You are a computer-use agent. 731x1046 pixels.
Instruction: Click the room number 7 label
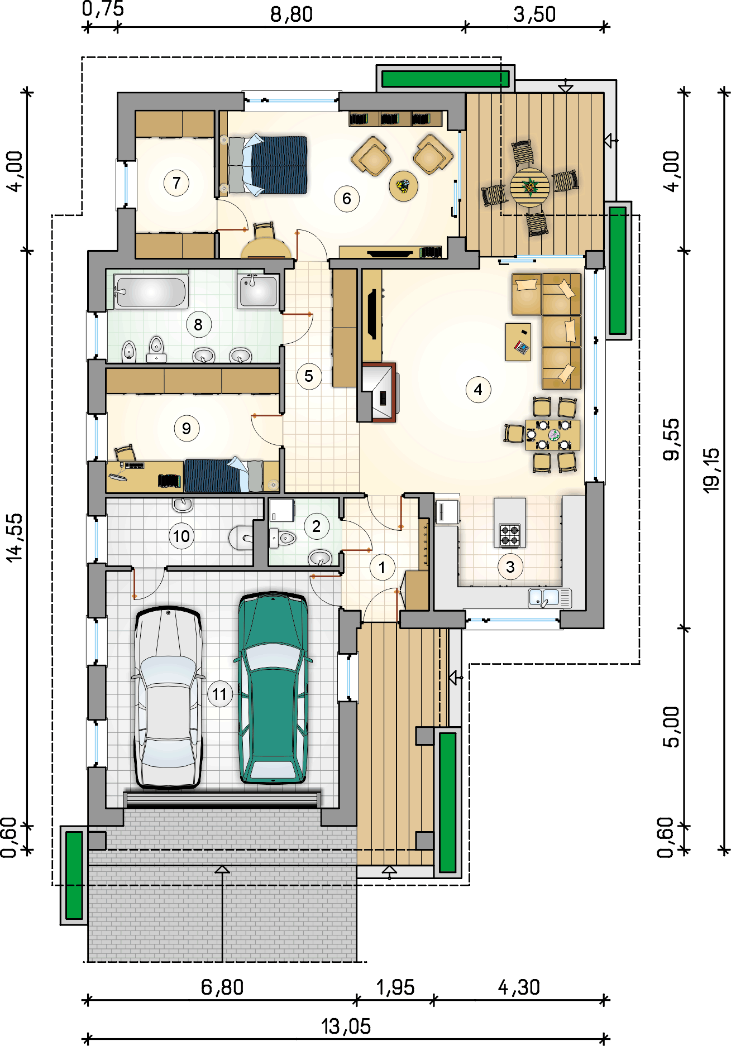click(176, 183)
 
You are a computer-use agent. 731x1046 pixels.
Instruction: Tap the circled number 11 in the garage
click(219, 694)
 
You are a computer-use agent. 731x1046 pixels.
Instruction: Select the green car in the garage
click(273, 688)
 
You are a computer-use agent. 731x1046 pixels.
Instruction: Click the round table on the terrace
click(529, 188)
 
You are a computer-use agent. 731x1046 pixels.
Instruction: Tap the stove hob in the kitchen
click(510, 535)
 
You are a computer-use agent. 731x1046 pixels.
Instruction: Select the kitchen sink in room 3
click(550, 598)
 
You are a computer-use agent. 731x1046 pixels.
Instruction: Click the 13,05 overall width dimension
click(346, 1026)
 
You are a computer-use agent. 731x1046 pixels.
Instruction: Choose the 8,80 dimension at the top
click(292, 15)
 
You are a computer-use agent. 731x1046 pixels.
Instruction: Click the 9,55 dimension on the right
click(672, 439)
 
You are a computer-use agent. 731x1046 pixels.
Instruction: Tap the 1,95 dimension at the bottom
click(395, 987)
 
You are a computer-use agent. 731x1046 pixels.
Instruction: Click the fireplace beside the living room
click(379, 392)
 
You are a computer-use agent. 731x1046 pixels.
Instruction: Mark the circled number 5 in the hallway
click(309, 376)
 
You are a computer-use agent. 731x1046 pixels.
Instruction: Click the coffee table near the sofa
click(518, 342)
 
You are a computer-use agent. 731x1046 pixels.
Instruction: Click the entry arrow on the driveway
click(222, 869)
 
